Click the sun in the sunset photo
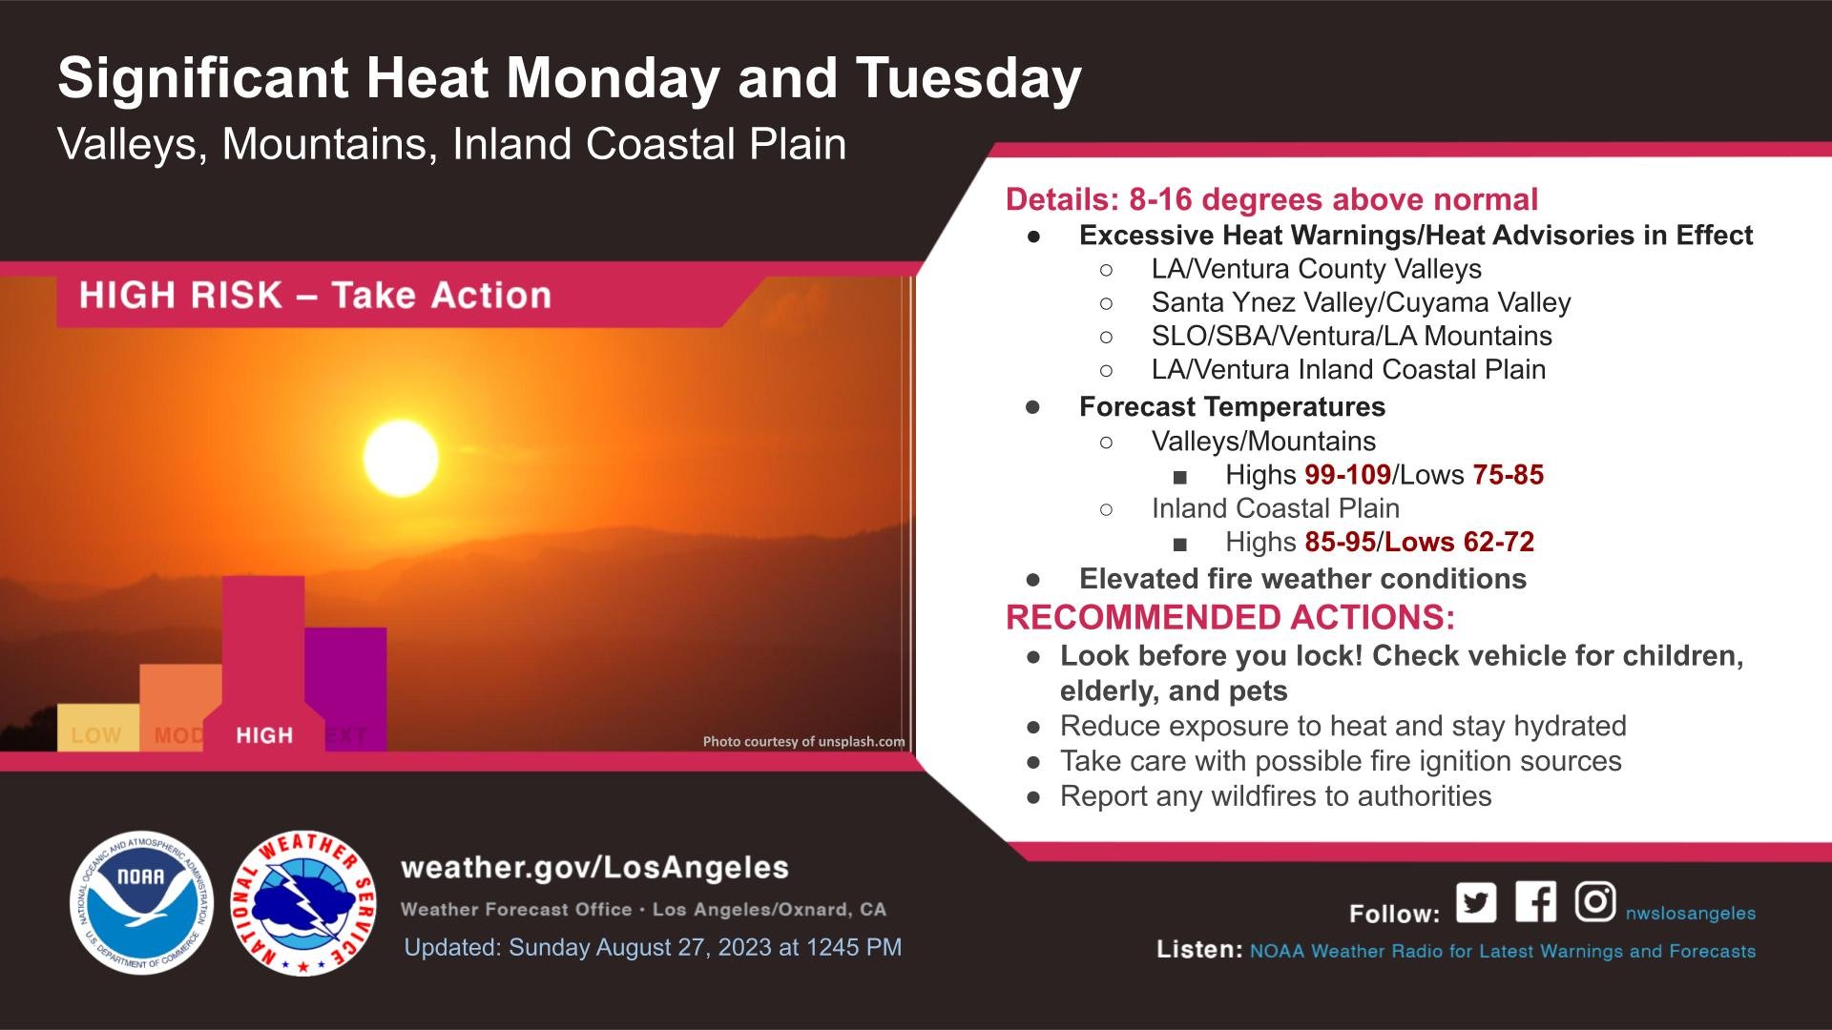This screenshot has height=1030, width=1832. [401, 458]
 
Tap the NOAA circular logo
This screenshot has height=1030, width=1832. [141, 902]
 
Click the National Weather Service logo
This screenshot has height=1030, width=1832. [304, 902]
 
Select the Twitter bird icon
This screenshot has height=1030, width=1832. [1476, 902]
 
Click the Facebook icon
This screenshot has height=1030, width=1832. [1535, 901]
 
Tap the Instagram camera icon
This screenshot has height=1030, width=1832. [1594, 901]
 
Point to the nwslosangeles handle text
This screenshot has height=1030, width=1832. [1691, 913]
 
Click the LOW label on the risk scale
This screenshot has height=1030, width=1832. [96, 735]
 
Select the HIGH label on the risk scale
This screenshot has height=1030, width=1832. [264, 735]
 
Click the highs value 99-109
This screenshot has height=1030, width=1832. [1348, 475]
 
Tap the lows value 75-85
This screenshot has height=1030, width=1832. [1508, 475]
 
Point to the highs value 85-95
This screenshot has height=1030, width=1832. [1341, 542]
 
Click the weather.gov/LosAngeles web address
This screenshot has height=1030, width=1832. [595, 868]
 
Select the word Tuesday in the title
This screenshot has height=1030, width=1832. [969, 79]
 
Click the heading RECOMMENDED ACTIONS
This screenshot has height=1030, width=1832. [1230, 618]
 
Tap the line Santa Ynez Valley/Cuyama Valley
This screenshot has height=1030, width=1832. [1361, 302]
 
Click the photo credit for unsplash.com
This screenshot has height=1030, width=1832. [803, 741]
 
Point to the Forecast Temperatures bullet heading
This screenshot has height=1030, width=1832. [1232, 406]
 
